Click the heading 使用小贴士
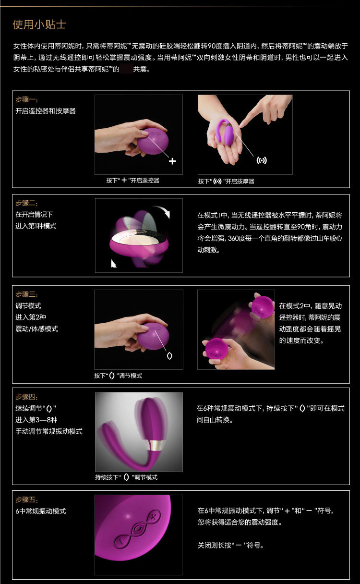39,24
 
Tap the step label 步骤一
26,99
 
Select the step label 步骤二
26,203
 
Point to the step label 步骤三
26,294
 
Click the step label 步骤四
26,397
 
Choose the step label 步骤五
26,500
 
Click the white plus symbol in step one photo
172,161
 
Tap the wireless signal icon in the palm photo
262,160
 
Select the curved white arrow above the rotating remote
163,210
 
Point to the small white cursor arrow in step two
113,263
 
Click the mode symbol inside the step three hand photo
169,355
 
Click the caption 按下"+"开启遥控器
132,180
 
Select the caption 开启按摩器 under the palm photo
240,181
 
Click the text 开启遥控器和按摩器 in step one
46,111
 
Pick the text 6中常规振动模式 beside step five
41,511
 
